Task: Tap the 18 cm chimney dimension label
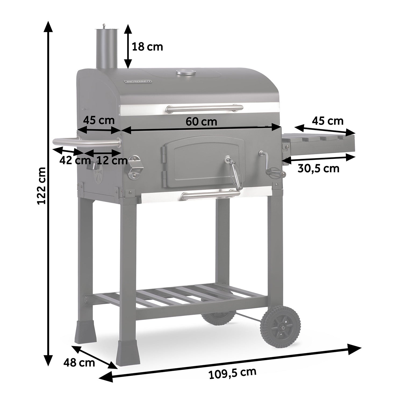coord(147,47)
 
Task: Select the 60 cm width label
coord(201,122)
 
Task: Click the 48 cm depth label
coord(79,363)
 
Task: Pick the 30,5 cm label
coord(318,168)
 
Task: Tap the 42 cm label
coord(75,160)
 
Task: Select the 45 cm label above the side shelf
coord(328,121)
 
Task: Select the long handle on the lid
coord(204,108)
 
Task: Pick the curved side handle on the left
coord(86,142)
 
